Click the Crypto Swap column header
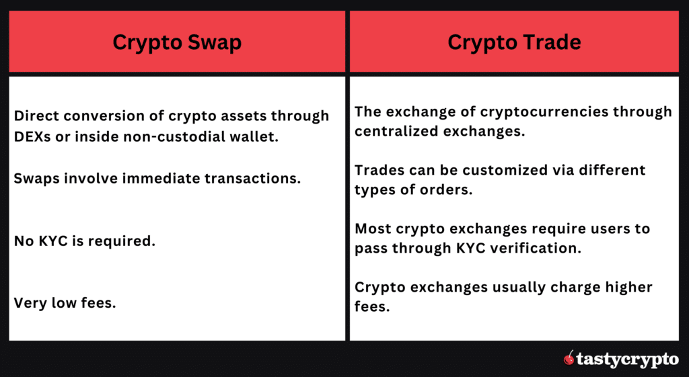tap(177, 42)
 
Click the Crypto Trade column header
tap(514, 42)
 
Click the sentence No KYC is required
tap(85, 240)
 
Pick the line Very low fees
tap(65, 302)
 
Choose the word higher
tap(624, 288)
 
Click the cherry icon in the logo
tap(569, 358)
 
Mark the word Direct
tap(35, 116)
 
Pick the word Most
tap(371, 228)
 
